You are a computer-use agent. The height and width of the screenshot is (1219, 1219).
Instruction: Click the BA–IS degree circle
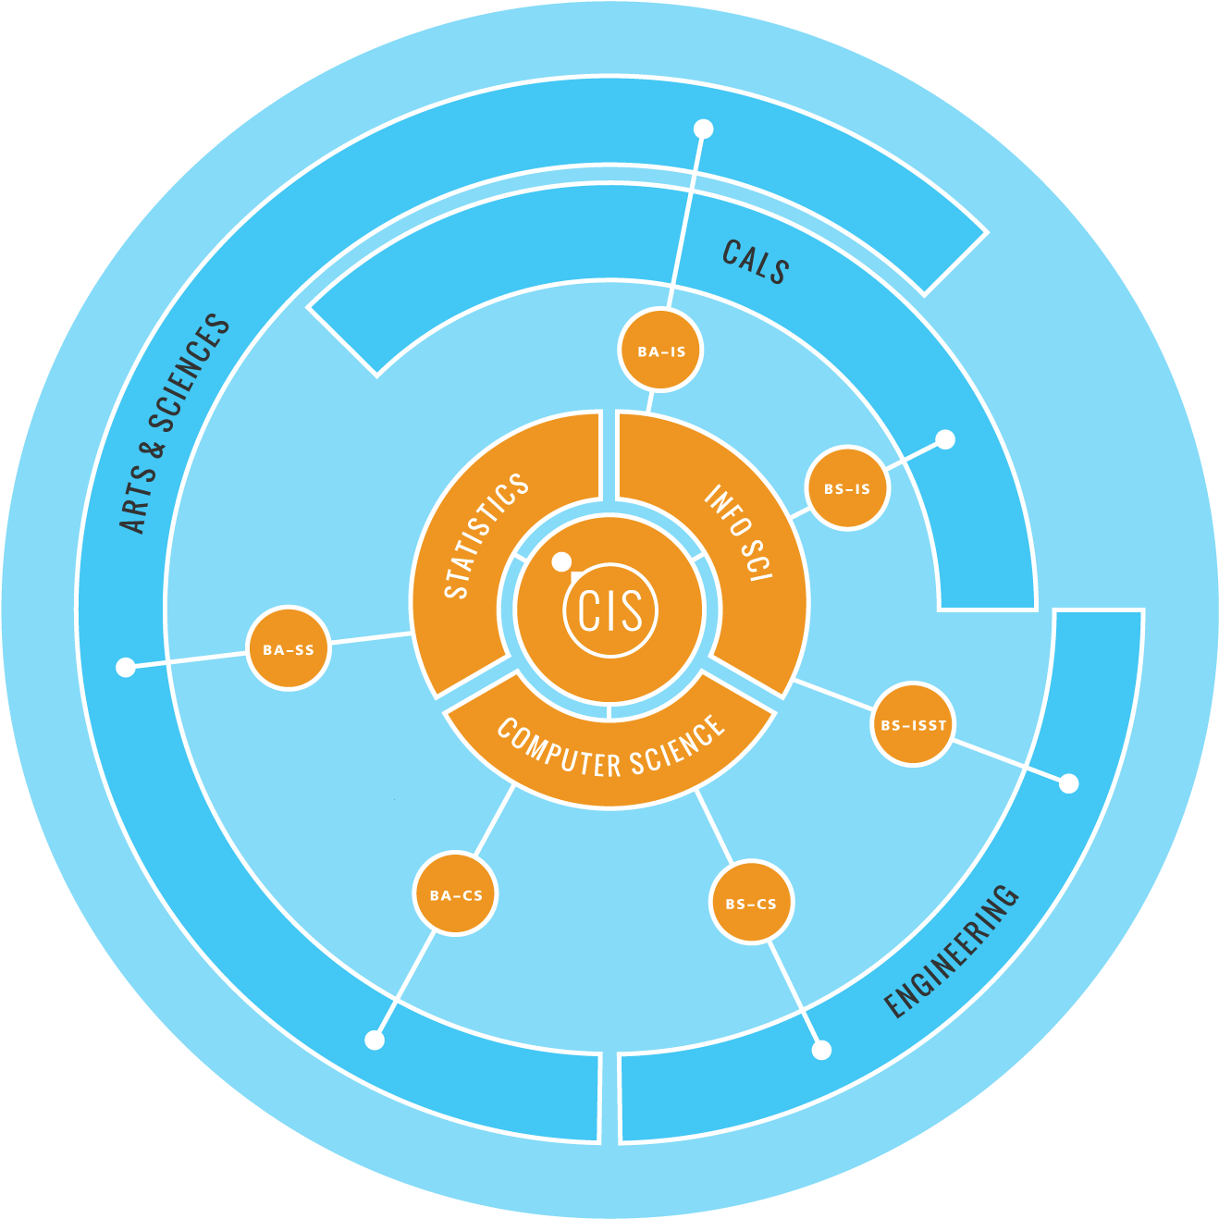click(660, 350)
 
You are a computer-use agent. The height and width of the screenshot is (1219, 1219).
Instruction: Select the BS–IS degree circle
click(847, 487)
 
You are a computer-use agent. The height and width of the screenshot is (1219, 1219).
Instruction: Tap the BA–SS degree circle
click(289, 648)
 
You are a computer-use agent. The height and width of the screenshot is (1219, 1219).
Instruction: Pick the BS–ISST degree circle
click(913, 724)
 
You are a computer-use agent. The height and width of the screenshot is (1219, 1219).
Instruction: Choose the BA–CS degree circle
click(455, 894)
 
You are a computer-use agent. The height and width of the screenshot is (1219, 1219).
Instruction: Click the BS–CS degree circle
click(751, 903)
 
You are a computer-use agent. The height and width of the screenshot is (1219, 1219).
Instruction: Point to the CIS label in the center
click(610, 610)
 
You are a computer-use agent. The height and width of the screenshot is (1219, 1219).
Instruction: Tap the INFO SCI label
click(738, 532)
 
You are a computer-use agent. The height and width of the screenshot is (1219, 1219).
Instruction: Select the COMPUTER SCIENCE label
click(609, 747)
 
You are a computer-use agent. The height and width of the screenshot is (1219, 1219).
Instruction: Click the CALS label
click(756, 262)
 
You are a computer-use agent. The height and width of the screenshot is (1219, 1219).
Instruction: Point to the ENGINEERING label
click(951, 951)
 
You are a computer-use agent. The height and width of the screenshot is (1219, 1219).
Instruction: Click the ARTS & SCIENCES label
click(174, 424)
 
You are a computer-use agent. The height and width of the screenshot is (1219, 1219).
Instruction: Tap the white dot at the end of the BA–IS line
click(704, 129)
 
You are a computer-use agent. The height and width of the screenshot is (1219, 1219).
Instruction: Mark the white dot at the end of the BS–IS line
click(945, 439)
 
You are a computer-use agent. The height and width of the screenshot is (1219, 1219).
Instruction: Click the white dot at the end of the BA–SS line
click(126, 667)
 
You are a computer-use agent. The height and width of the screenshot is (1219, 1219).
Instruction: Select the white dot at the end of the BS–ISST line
click(1069, 783)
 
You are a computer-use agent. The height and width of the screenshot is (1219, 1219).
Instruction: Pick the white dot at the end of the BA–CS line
click(375, 1040)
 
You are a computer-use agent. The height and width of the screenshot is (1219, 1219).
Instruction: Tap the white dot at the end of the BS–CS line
click(821, 1050)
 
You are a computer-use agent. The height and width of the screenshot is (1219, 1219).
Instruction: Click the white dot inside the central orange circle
click(561, 561)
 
